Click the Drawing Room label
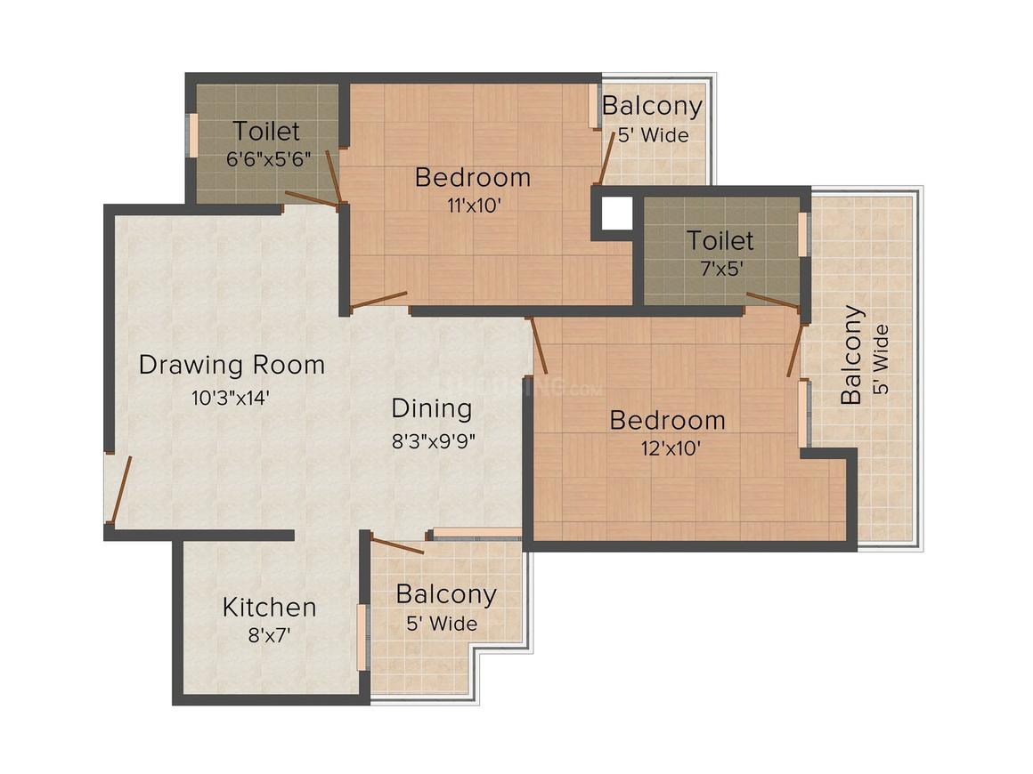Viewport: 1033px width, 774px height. pos(232,365)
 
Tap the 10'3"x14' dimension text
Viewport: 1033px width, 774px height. pos(231,398)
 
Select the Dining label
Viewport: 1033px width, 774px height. pos(432,408)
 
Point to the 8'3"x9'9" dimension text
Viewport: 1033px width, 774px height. pos(432,441)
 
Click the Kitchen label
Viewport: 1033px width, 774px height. pos(269,608)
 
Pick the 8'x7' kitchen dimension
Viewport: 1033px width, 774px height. pos(269,635)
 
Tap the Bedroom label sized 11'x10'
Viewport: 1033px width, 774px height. pos(473,177)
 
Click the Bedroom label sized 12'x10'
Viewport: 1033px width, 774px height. pos(667,420)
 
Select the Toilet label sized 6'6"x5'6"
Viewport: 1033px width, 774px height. pos(266,132)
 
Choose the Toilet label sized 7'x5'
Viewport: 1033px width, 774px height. pos(720,240)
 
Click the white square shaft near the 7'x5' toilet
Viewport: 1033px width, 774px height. pos(616,213)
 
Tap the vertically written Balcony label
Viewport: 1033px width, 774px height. pos(852,355)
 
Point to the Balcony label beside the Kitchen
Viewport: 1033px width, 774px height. pos(446,593)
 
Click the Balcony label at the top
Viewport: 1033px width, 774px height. pos(652,105)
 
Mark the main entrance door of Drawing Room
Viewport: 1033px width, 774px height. pos(119,489)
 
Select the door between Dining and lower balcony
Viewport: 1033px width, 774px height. pos(396,545)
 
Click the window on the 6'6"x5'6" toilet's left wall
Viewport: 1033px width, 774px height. pos(190,135)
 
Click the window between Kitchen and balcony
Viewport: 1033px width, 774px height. pos(362,637)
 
